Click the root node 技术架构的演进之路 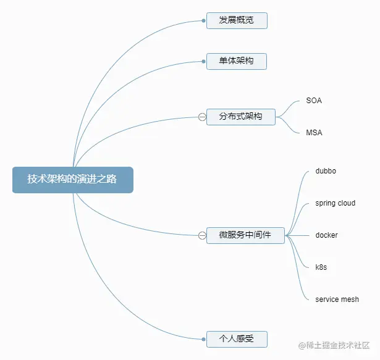point(72,179)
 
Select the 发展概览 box point(237,20)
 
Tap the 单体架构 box point(237,61)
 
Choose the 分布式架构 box point(241,116)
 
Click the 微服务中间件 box point(245,235)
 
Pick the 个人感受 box point(237,338)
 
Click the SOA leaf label point(314,100)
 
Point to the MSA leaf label point(314,132)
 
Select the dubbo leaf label point(326,170)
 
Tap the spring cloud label point(335,203)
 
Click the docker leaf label point(326,235)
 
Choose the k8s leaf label point(321,267)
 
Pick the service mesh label point(337,299)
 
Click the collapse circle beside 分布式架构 point(202,117)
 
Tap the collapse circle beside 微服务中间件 point(202,235)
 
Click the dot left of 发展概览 point(203,20)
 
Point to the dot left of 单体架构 point(203,61)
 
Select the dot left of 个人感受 point(203,338)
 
